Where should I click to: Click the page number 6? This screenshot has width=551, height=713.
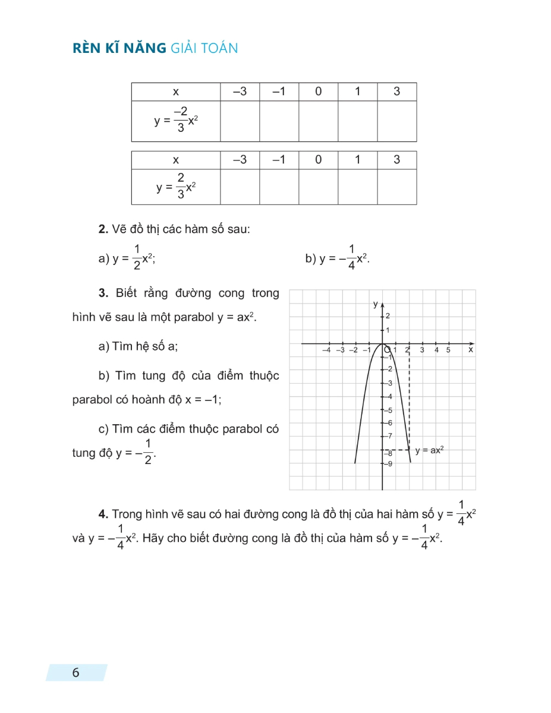click(75, 673)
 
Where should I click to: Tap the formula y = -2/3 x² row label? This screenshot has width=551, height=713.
click(175, 121)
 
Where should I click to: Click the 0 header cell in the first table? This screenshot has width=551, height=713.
click(318, 92)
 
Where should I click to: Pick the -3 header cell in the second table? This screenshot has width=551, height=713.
click(240, 160)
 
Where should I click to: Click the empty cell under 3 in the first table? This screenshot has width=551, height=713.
click(396, 121)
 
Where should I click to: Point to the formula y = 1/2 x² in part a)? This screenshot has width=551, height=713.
click(134, 258)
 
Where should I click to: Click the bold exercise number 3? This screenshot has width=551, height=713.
click(102, 293)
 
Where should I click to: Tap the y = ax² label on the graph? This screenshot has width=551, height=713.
click(430, 450)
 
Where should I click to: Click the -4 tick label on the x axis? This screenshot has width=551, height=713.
click(326, 350)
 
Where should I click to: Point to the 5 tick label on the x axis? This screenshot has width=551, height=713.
click(449, 350)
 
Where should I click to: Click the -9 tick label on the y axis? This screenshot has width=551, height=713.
click(389, 464)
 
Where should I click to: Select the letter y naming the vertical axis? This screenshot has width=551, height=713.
click(375, 304)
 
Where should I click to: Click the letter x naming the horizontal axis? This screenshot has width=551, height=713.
click(470, 350)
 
